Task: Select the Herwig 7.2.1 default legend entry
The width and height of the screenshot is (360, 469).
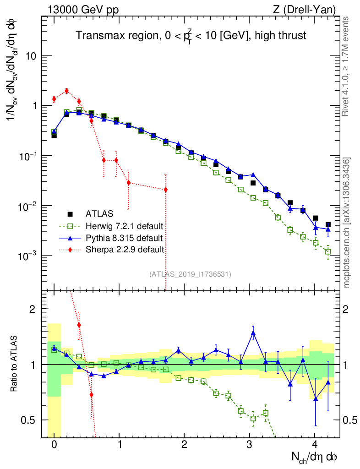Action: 125,226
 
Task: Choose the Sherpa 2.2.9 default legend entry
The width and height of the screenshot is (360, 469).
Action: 125,250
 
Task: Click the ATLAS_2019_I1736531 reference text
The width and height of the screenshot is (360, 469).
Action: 190,274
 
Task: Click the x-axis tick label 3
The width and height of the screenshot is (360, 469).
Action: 250,445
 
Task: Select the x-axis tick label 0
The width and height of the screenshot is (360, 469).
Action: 54,445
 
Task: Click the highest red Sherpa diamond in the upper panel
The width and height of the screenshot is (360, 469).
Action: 66,91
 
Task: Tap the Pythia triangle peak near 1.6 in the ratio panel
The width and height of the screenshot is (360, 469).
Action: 253,333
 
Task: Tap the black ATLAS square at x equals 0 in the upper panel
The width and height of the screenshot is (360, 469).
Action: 54,136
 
